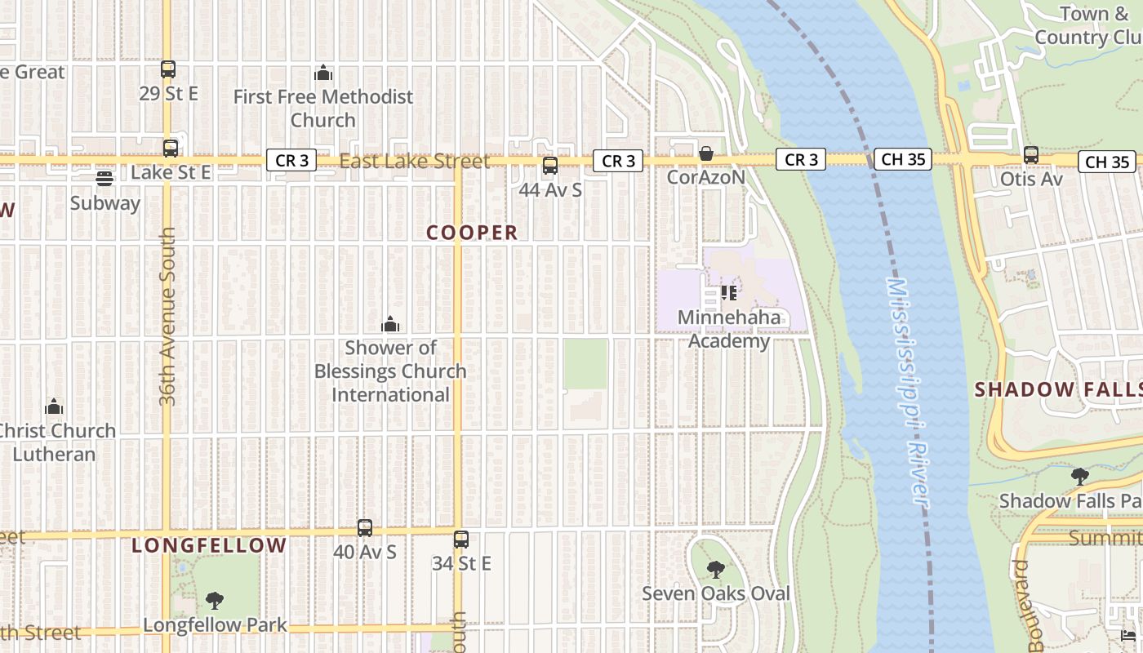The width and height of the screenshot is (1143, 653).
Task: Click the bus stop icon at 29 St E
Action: [168, 69]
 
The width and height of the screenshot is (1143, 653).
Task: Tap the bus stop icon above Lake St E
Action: [170, 149]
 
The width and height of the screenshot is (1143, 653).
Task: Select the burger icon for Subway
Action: [105, 179]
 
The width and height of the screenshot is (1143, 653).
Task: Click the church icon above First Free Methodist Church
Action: [323, 73]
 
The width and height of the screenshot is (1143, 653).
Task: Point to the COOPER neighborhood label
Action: [472, 233]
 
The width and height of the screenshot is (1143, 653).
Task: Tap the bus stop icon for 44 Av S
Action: [550, 166]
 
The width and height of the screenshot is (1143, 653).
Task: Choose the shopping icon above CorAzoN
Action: [706, 153]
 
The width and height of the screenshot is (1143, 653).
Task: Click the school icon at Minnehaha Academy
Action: [729, 292]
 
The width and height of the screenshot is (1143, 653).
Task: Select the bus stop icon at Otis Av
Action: [1031, 154]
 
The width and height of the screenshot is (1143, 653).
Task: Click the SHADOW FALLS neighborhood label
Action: [1058, 389]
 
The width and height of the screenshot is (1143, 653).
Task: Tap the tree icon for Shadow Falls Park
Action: [1080, 476]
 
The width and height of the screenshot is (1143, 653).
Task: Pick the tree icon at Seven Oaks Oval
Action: [716, 569]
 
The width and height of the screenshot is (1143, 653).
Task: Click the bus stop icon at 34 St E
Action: [461, 539]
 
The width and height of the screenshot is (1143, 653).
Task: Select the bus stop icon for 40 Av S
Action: [365, 528]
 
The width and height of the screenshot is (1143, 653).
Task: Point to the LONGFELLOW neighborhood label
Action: [209, 545]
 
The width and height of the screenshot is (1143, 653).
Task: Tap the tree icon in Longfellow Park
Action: [215, 601]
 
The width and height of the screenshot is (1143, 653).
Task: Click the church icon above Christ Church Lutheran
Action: [54, 406]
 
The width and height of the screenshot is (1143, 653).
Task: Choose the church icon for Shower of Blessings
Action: [390, 324]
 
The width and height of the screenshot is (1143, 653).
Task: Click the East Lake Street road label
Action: [414, 162]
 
